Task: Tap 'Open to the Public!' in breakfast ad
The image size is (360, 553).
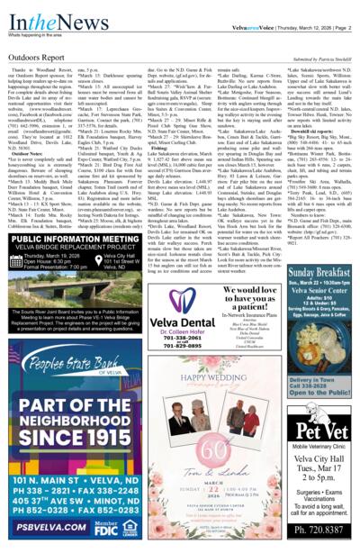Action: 320,394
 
